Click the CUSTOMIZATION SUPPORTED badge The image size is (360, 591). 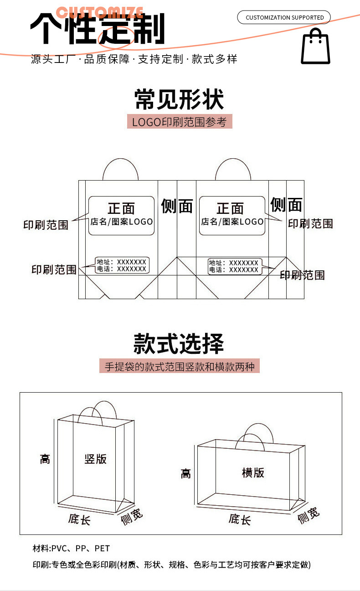click(284, 17)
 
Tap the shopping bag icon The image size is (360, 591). click(315, 47)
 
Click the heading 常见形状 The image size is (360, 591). click(179, 100)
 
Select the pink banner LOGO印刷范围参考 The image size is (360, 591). click(179, 122)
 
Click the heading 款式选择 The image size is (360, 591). click(179, 343)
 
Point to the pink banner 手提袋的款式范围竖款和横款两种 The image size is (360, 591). click(179, 366)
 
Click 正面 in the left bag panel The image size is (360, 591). click(121, 208)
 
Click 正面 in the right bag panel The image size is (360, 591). click(230, 208)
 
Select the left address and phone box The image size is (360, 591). click(122, 265)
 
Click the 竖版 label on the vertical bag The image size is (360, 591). click(96, 459)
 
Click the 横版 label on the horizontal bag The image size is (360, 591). click(253, 472)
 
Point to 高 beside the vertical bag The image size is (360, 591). click(45, 459)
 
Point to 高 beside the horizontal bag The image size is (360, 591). click(185, 474)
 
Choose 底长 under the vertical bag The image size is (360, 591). click(79, 519)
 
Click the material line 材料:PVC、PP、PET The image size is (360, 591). click(71, 548)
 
